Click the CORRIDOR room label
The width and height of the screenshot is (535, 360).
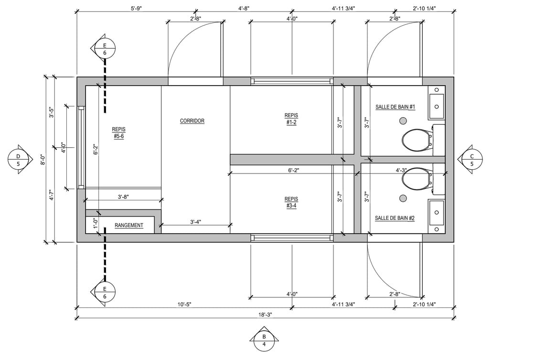(x=192, y=121)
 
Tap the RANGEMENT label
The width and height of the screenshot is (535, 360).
(x=128, y=226)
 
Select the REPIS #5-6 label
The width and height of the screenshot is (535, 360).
(x=119, y=133)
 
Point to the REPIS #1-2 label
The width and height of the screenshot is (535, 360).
(x=291, y=119)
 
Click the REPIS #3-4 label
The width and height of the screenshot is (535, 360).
(x=291, y=202)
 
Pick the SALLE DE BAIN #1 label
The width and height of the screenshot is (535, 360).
(x=395, y=107)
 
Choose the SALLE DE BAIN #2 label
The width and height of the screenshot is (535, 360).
(x=395, y=218)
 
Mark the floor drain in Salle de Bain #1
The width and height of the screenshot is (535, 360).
(x=403, y=120)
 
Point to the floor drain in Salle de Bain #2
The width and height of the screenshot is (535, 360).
(x=403, y=198)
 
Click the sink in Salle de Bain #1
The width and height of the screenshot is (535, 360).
(x=437, y=103)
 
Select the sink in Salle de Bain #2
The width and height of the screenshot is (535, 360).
(x=437, y=217)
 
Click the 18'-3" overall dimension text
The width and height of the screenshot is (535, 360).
(x=265, y=315)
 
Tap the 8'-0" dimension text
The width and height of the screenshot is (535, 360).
(x=43, y=160)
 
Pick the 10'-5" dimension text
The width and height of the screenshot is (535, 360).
(x=184, y=305)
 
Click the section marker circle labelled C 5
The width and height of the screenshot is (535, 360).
(x=472, y=160)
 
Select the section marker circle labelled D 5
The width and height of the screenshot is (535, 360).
(x=19, y=160)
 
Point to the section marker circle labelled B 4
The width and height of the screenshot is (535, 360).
(x=264, y=340)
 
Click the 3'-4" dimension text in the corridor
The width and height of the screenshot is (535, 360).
(x=195, y=222)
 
